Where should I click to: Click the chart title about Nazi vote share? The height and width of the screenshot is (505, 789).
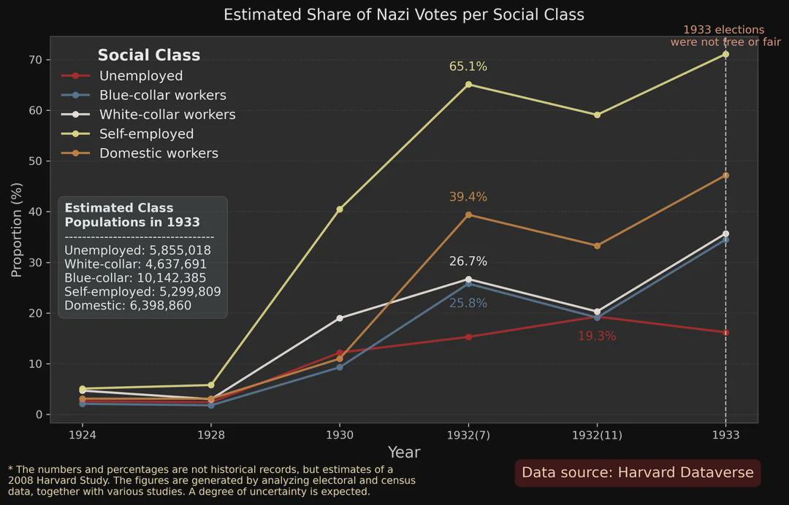click(403, 15)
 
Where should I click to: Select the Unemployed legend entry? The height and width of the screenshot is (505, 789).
click(140, 76)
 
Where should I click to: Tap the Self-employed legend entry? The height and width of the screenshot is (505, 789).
click(146, 134)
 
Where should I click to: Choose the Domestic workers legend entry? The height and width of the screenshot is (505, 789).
click(159, 153)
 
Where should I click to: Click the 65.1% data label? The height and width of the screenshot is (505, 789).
click(468, 66)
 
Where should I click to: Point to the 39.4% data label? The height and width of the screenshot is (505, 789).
click(468, 197)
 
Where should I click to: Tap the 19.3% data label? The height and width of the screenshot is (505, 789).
click(597, 336)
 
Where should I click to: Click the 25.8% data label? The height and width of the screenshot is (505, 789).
click(468, 303)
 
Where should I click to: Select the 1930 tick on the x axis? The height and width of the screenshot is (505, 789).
click(339, 435)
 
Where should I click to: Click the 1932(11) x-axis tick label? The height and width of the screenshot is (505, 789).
click(597, 435)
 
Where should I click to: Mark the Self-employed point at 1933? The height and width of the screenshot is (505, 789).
click(725, 54)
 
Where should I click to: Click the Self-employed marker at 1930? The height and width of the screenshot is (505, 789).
click(339, 209)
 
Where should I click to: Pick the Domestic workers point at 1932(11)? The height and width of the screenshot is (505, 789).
click(597, 246)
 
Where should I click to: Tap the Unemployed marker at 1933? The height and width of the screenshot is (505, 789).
click(725, 333)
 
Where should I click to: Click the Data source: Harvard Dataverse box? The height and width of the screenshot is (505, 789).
click(637, 473)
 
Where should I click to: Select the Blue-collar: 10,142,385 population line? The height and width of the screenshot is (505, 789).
click(135, 278)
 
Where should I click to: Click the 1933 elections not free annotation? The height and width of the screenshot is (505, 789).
click(725, 36)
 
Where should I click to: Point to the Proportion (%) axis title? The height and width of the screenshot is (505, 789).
click(17, 230)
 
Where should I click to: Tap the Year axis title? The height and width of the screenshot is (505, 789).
click(403, 452)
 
